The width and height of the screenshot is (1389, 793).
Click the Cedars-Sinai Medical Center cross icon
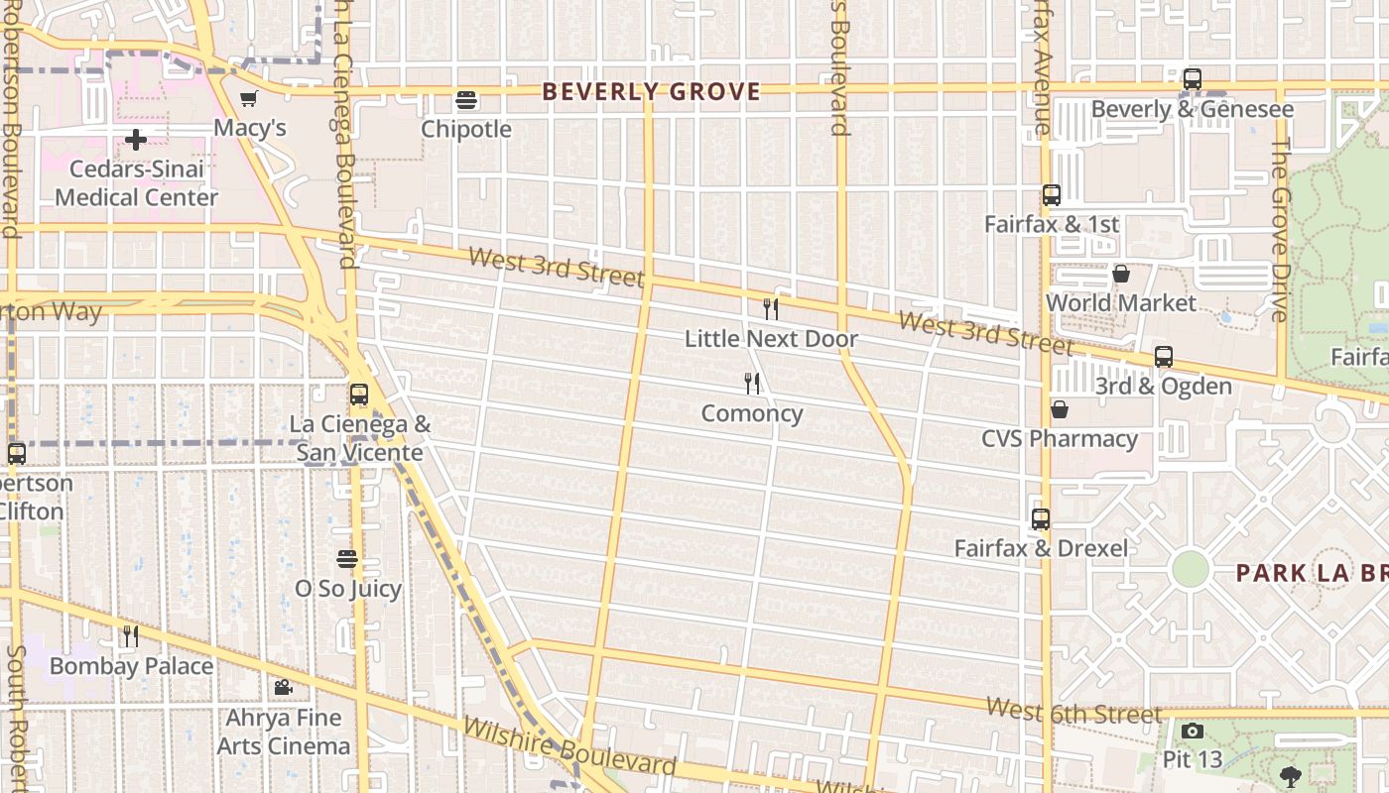[136, 140]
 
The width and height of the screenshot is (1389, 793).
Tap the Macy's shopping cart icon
[249, 99]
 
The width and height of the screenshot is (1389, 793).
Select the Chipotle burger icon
[466, 100]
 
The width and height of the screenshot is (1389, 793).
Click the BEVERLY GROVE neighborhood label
[652, 92]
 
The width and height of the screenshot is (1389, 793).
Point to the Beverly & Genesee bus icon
[1193, 79]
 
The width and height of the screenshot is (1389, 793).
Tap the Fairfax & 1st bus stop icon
[1052, 195]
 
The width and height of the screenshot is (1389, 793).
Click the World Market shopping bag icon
[1121, 274]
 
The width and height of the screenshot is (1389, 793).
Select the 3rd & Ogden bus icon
[1164, 357]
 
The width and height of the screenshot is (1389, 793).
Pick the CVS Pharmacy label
[1060, 438]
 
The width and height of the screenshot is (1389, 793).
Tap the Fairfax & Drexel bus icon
[1041, 519]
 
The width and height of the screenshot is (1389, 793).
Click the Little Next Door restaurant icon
[770, 309]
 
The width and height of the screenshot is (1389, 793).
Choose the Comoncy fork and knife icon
[752, 384]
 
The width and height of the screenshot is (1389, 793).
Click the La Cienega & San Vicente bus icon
[359, 395]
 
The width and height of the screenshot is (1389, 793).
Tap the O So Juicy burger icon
[347, 559]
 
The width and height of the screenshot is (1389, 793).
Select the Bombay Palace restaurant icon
[131, 636]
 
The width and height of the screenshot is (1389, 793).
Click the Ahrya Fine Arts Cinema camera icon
[283, 688]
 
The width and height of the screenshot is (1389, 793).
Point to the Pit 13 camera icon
[1193, 732]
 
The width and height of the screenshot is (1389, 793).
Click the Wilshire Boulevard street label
[569, 746]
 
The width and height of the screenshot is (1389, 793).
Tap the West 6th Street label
[1073, 712]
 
